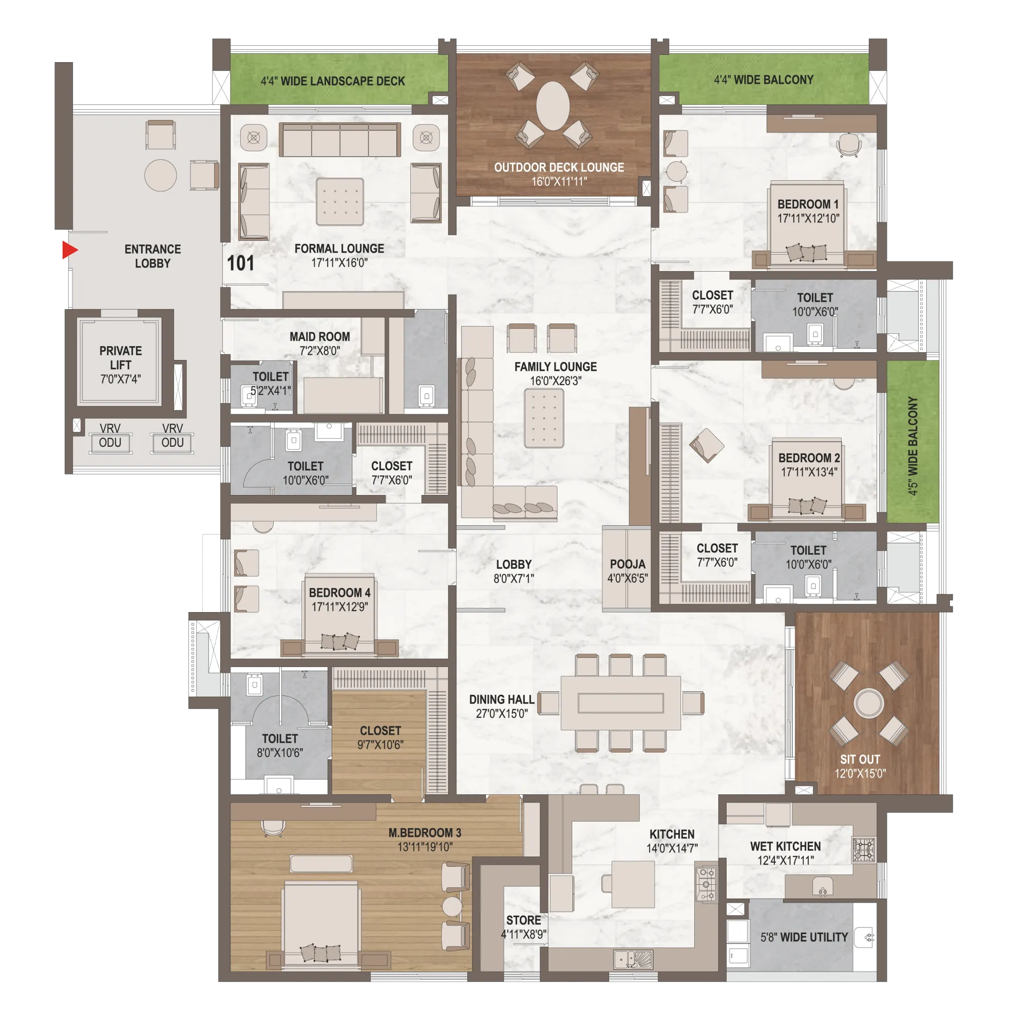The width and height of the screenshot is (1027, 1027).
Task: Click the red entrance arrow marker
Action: tap(70, 250)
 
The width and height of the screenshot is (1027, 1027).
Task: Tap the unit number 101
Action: tap(240, 263)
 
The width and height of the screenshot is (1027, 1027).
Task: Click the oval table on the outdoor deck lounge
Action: tap(553, 106)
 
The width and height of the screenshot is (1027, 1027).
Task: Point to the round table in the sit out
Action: tap(869, 703)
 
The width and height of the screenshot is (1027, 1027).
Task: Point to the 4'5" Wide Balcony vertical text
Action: tap(912, 446)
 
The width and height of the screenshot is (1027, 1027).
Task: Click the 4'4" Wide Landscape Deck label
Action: tap(333, 81)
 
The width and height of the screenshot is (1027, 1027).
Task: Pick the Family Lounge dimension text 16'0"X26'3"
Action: tap(556, 381)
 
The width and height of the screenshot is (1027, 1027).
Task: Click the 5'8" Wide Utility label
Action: tap(804, 937)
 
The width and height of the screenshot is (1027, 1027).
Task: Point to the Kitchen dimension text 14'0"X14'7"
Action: tap(672, 848)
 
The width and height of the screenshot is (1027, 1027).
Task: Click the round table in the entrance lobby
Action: tap(161, 175)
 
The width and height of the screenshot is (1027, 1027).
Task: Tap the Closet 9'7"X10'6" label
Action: tap(380, 737)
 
